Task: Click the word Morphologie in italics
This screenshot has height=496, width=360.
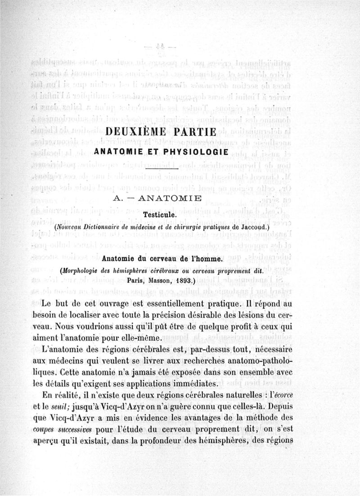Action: pyautogui.click(x=83, y=271)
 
